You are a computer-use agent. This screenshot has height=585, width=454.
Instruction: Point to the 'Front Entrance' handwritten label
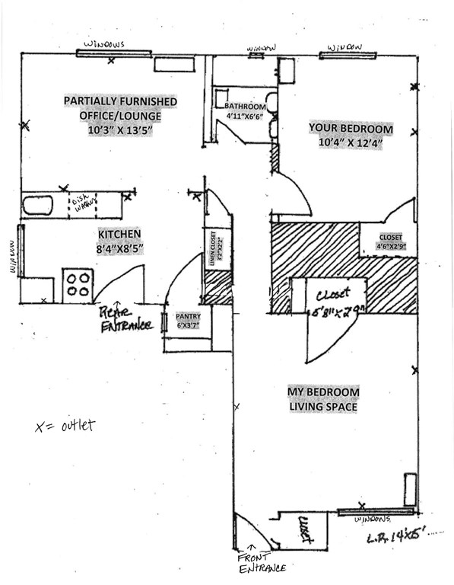(x=261, y=562)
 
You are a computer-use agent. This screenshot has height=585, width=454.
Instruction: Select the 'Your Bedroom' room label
(x=350, y=127)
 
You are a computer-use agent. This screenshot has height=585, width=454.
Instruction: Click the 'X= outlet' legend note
(x=65, y=425)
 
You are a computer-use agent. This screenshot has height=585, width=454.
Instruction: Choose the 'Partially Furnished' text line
(x=120, y=101)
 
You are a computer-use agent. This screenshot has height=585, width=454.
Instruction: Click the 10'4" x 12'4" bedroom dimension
(x=350, y=142)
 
